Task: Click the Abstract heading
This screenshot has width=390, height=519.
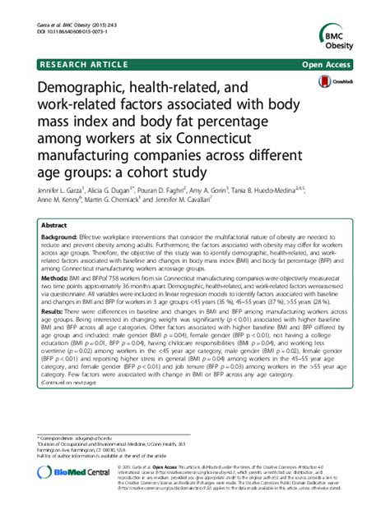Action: (54, 223)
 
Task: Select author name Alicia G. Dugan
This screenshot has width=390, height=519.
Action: (123, 191)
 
